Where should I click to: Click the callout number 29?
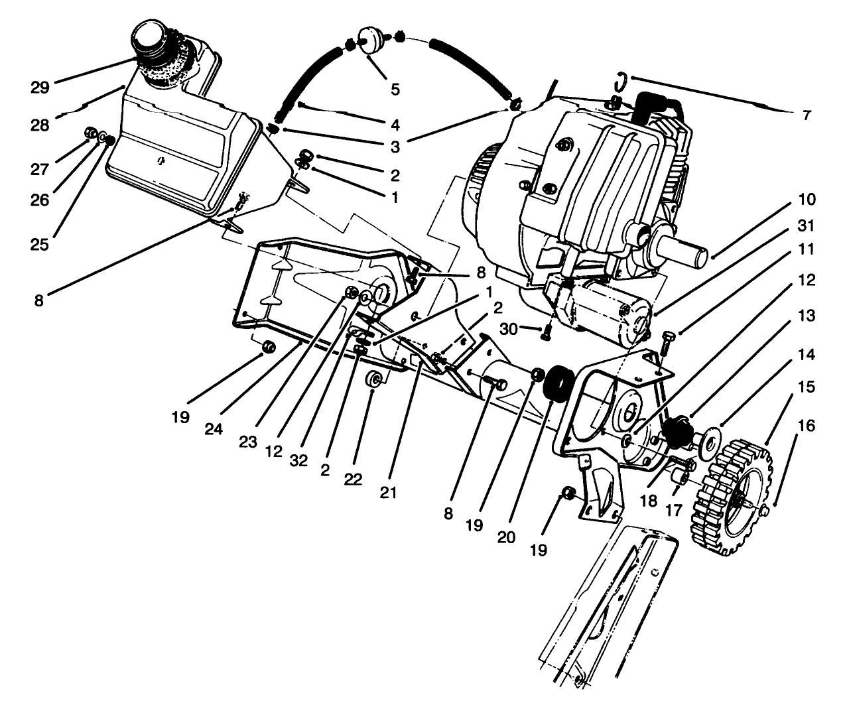click(40, 88)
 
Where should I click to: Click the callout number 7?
click(807, 115)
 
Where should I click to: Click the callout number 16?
click(807, 424)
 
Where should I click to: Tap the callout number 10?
click(807, 199)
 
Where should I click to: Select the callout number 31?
click(807, 225)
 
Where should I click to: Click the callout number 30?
click(509, 328)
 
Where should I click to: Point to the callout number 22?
click(353, 479)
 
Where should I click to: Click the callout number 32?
click(299, 461)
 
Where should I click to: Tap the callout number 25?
click(40, 244)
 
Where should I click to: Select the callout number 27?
click(40, 169)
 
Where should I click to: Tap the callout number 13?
click(807, 316)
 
